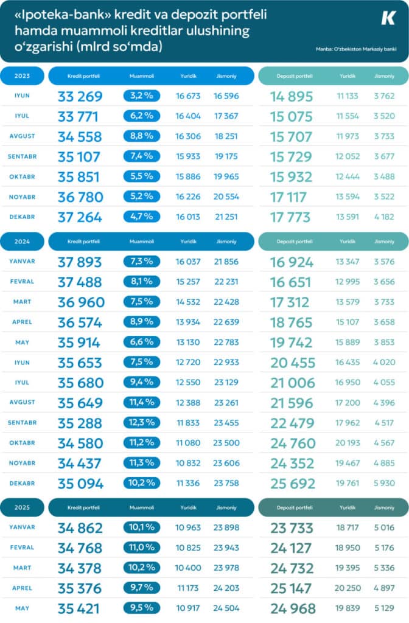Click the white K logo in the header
click(388, 18)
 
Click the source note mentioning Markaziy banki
click(356, 49)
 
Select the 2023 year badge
click(23, 76)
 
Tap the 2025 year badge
click(23, 507)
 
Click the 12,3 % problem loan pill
click(141, 422)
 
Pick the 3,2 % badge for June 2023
click(141, 96)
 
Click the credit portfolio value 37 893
click(80, 262)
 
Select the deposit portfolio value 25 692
click(293, 484)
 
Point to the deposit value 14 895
click(292, 97)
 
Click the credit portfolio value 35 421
click(79, 608)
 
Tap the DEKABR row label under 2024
click(23, 483)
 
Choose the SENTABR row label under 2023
click(23, 156)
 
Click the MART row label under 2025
click(23, 568)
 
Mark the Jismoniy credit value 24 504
click(226, 608)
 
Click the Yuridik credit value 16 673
click(188, 96)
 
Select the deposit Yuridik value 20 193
click(348, 443)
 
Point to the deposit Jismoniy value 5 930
click(385, 484)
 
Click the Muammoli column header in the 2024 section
click(141, 242)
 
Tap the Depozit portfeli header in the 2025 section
click(295, 507)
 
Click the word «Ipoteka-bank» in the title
click(63, 15)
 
